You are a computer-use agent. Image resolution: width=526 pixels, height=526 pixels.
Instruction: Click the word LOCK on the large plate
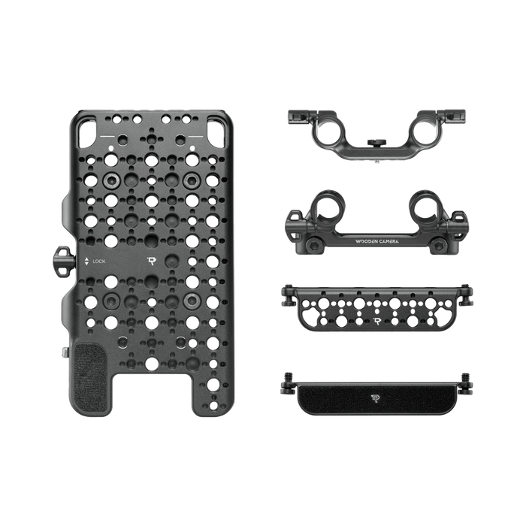99,261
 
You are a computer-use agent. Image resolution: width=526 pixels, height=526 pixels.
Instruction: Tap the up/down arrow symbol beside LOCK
86,261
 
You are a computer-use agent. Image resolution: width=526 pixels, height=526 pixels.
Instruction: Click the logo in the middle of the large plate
153,261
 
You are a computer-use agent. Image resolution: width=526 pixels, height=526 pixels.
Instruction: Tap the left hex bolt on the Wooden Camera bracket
314,246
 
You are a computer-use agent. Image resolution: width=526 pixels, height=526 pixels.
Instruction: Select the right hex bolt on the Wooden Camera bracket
438,246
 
